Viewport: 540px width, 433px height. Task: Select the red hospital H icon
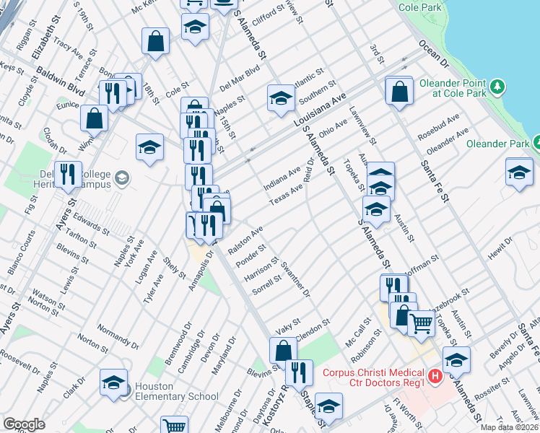(435, 376)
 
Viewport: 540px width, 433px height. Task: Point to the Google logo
(24, 424)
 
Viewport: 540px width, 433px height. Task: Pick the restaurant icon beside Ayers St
(68, 175)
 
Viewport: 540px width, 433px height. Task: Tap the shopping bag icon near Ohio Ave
(399, 92)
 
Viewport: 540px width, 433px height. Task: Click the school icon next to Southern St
(281, 99)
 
